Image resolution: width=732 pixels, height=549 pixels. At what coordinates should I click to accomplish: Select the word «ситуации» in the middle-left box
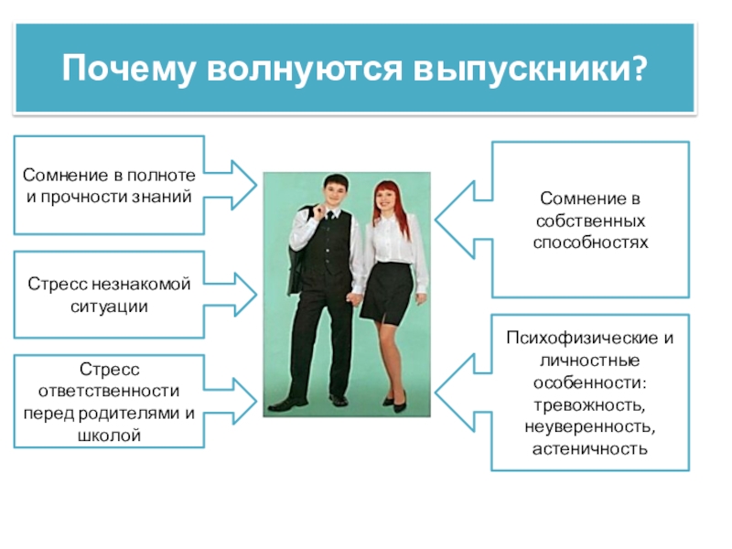pyautogui.click(x=109, y=307)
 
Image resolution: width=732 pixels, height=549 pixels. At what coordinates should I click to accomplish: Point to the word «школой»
pyautogui.click(x=109, y=435)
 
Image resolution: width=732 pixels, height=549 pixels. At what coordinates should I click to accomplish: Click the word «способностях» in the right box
pyautogui.click(x=590, y=242)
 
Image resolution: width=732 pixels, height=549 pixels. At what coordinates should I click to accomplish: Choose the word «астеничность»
pyautogui.click(x=590, y=448)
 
